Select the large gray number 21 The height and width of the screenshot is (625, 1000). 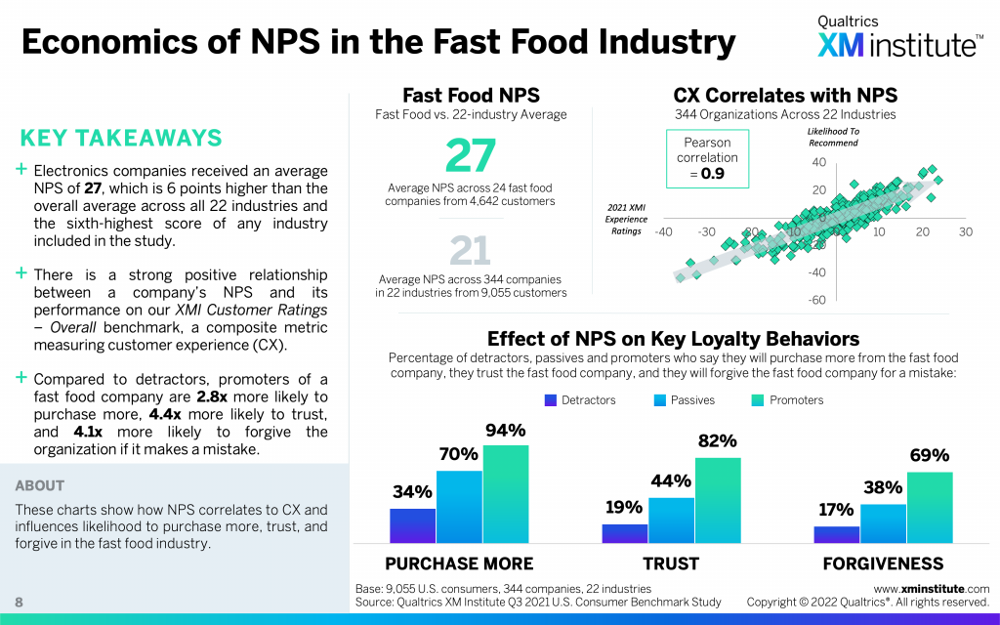[x=471, y=252]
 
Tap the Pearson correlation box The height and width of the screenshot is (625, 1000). [x=708, y=158]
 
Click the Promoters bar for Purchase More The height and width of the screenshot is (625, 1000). [x=505, y=493]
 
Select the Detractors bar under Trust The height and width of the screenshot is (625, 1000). [x=624, y=532]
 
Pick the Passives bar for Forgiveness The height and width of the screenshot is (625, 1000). [x=883, y=522]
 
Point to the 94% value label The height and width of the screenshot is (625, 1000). [x=505, y=431]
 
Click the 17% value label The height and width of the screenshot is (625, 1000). [x=836, y=509]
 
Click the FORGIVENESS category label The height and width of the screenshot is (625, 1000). [x=883, y=563]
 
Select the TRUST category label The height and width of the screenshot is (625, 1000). [x=671, y=563]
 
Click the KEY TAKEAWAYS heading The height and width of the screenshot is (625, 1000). [x=121, y=138]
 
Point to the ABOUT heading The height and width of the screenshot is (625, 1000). [x=40, y=485]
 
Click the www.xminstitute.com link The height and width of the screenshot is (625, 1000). [x=931, y=589]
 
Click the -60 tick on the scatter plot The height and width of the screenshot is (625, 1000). [x=817, y=300]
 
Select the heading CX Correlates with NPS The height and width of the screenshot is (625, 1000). [x=785, y=96]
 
